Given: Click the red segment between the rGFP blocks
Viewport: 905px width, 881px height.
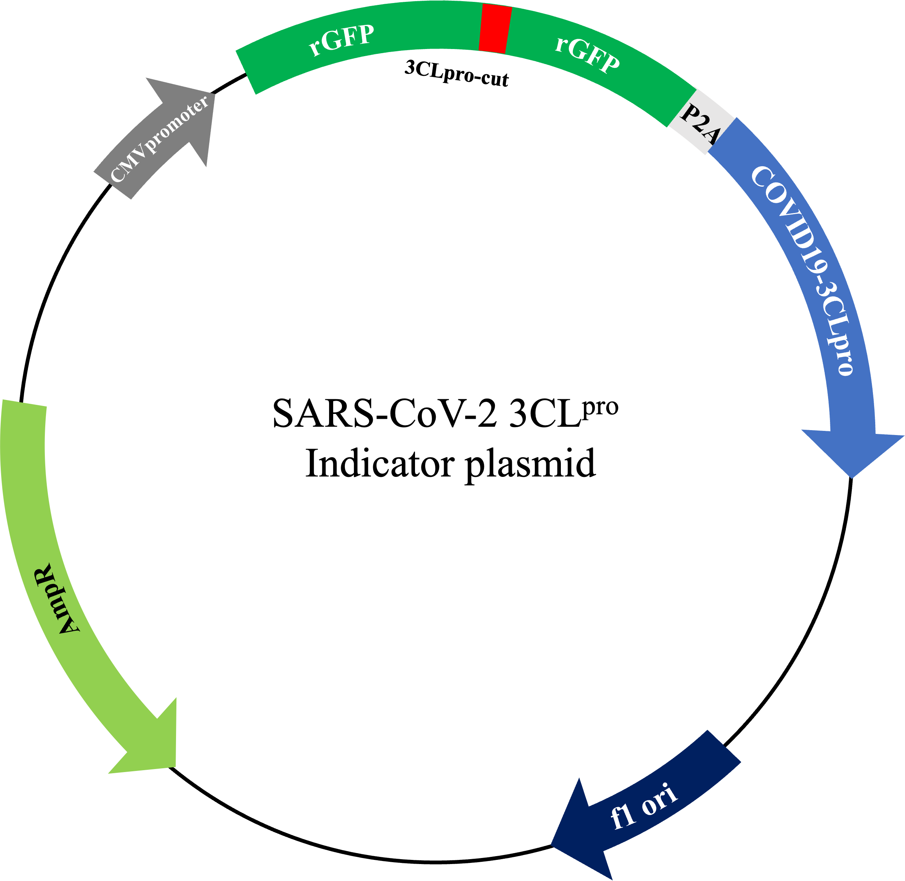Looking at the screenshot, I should (x=495, y=29).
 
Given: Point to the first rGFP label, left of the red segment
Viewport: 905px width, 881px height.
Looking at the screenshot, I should (x=341, y=41).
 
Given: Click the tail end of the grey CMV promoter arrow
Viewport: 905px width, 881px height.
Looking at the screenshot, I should (x=112, y=185).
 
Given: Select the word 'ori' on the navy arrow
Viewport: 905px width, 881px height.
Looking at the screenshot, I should (x=659, y=799).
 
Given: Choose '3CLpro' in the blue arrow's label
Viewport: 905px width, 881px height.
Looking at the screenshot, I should (x=833, y=333).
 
